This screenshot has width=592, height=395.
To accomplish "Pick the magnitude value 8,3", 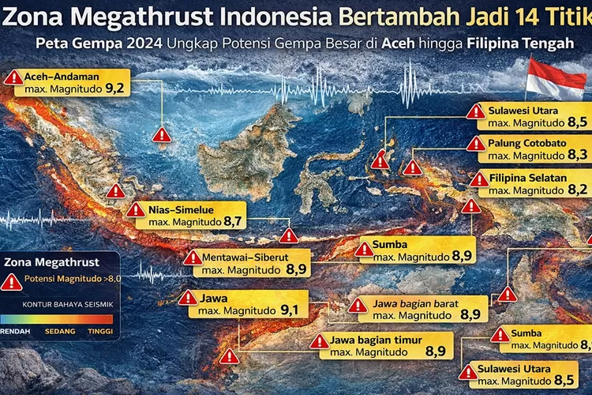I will [577, 156].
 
